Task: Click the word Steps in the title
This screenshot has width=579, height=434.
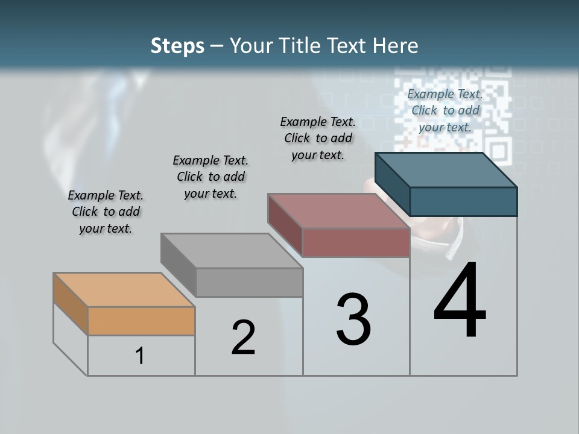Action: click(177, 46)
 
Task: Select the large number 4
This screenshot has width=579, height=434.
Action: click(460, 301)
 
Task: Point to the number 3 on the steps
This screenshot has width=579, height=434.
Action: click(353, 319)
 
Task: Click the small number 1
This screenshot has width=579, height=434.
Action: click(140, 356)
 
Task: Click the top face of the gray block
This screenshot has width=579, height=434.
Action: click(232, 251)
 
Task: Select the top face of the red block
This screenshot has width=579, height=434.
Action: click(339, 211)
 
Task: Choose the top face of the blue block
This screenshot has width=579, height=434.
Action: click(446, 170)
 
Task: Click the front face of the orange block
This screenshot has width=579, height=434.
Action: click(141, 321)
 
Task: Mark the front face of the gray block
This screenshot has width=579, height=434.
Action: click(249, 282)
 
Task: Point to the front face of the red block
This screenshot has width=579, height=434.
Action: click(356, 243)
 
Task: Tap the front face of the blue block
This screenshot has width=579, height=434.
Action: click(463, 201)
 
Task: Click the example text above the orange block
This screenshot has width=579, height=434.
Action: click(106, 212)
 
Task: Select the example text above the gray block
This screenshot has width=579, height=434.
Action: click(210, 177)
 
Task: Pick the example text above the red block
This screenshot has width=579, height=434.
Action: click(318, 138)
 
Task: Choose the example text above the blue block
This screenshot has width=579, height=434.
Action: click(445, 110)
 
